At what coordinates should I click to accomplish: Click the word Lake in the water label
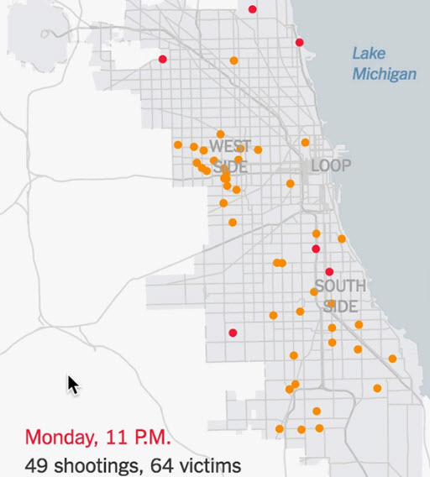pyautogui.click(x=369, y=54)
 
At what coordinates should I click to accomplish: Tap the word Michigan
pyautogui.click(x=384, y=74)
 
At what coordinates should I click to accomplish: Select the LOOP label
pyautogui.click(x=331, y=165)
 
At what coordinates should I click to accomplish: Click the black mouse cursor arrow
pyautogui.click(x=73, y=385)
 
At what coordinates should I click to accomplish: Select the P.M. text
pyautogui.click(x=153, y=438)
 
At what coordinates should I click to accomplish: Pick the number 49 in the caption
pyautogui.click(x=35, y=464)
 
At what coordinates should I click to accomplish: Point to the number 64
pyautogui.click(x=155, y=464)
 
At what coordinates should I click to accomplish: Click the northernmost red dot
pyautogui.click(x=253, y=9)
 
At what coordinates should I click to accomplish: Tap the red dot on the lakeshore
pyautogui.click(x=299, y=42)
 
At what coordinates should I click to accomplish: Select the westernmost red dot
pyautogui.click(x=163, y=59)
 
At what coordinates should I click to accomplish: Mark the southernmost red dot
pyautogui.click(x=233, y=333)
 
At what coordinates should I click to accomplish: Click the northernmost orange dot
pyautogui.click(x=234, y=60)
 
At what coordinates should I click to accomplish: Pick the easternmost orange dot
pyautogui.click(x=392, y=359)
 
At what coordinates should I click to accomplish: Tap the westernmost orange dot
pyautogui.click(x=178, y=144)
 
